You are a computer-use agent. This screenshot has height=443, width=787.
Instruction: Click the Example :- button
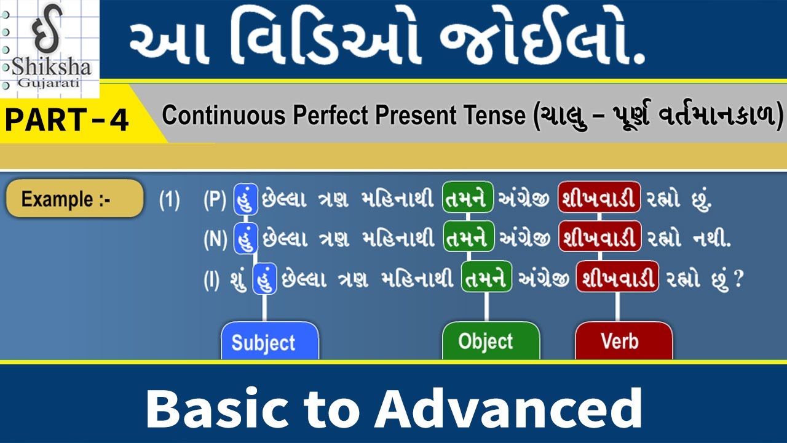pos(74,199)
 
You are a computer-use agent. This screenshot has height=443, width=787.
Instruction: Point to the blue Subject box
pos(269,341)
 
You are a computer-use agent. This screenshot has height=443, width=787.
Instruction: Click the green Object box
pos(491,341)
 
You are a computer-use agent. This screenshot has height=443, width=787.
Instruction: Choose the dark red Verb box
pos(623,341)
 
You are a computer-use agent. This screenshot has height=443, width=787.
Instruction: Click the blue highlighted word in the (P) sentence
pos(245,200)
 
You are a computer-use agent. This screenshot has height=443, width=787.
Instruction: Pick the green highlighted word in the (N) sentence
pos(469,239)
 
